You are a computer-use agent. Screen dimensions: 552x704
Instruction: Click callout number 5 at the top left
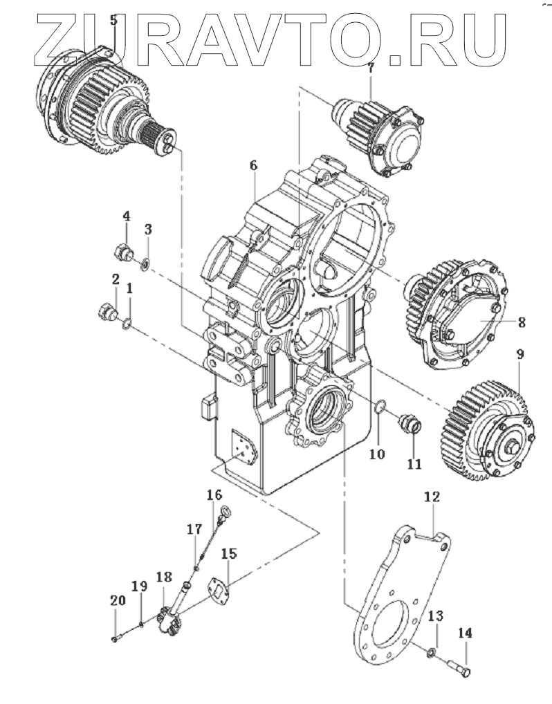click(113, 20)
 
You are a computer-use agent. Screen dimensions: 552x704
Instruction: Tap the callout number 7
click(371, 68)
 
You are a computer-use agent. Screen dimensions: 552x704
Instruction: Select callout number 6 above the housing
click(254, 166)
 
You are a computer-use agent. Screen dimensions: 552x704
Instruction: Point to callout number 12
click(432, 497)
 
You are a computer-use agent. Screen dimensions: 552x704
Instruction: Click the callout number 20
click(117, 600)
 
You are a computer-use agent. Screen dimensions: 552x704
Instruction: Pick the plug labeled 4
click(124, 254)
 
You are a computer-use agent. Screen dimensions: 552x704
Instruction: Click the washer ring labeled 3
click(145, 264)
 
